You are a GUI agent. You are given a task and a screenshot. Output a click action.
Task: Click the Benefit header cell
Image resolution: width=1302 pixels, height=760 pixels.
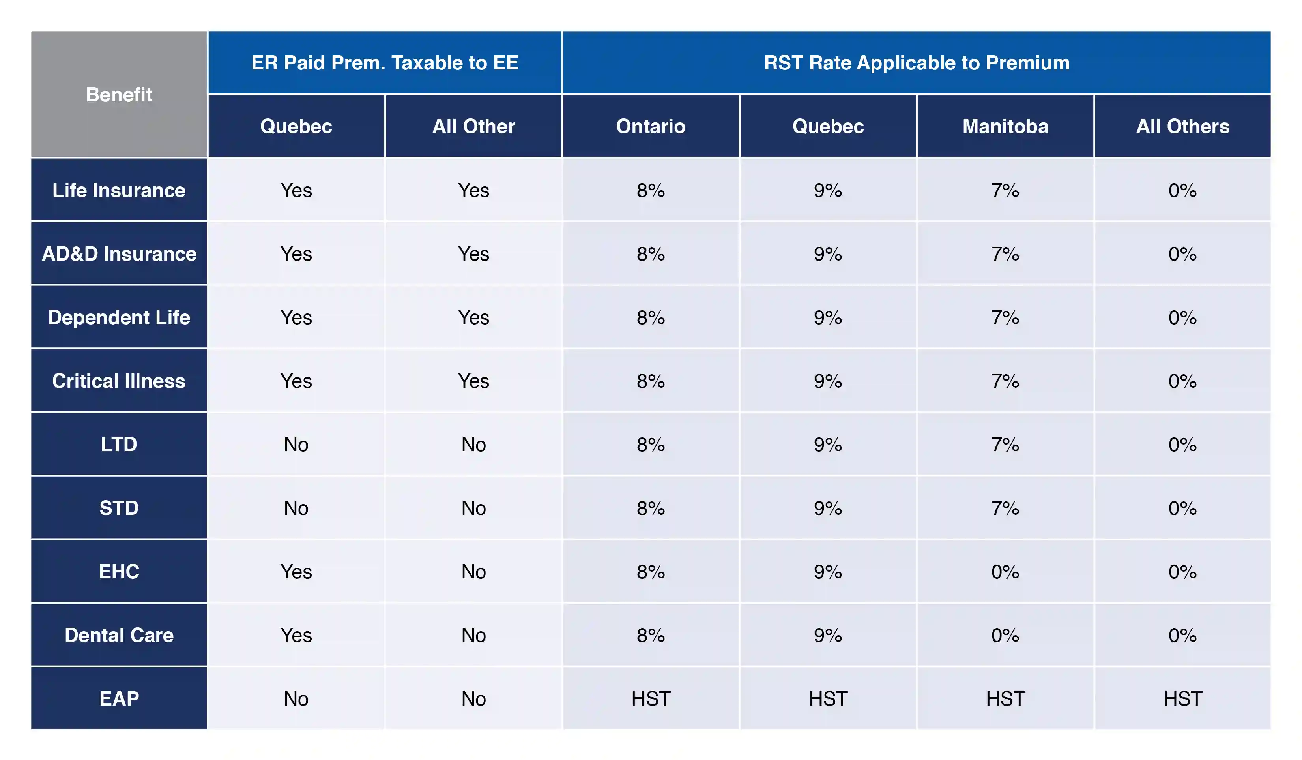click(119, 95)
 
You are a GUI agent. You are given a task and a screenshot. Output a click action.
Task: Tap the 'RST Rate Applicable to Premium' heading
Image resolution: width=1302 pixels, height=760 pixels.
click(916, 62)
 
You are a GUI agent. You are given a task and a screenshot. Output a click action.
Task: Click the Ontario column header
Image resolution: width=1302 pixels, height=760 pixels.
click(651, 126)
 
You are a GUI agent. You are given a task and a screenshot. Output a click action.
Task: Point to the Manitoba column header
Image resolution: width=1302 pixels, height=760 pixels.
click(1005, 126)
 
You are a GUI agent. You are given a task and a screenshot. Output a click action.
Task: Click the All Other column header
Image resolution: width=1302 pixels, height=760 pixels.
click(473, 126)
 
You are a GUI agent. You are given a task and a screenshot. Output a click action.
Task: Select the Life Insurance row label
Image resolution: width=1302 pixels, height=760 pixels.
click(119, 190)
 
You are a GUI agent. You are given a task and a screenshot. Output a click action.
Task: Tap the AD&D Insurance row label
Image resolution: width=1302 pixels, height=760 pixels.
click(119, 254)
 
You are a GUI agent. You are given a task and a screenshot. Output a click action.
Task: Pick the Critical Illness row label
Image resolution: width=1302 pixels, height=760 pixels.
click(119, 381)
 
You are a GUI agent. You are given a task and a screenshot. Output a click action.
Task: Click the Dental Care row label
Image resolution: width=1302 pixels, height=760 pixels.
click(119, 635)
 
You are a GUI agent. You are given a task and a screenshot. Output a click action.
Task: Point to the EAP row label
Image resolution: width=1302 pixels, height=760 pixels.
click(119, 698)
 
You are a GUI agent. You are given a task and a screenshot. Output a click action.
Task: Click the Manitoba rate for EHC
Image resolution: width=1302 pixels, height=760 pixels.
click(1005, 571)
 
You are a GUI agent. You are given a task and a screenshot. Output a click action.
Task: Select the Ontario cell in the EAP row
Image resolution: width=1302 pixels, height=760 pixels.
click(651, 698)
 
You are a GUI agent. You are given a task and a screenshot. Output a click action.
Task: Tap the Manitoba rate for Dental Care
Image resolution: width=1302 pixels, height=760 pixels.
click(1005, 635)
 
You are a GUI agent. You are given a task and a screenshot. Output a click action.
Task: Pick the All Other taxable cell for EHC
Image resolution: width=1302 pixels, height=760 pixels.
click(473, 571)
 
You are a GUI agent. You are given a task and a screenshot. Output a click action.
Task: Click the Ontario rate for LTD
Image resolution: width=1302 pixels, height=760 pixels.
click(651, 445)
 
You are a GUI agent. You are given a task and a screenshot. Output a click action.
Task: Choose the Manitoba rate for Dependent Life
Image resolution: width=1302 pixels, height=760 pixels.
click(1005, 317)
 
